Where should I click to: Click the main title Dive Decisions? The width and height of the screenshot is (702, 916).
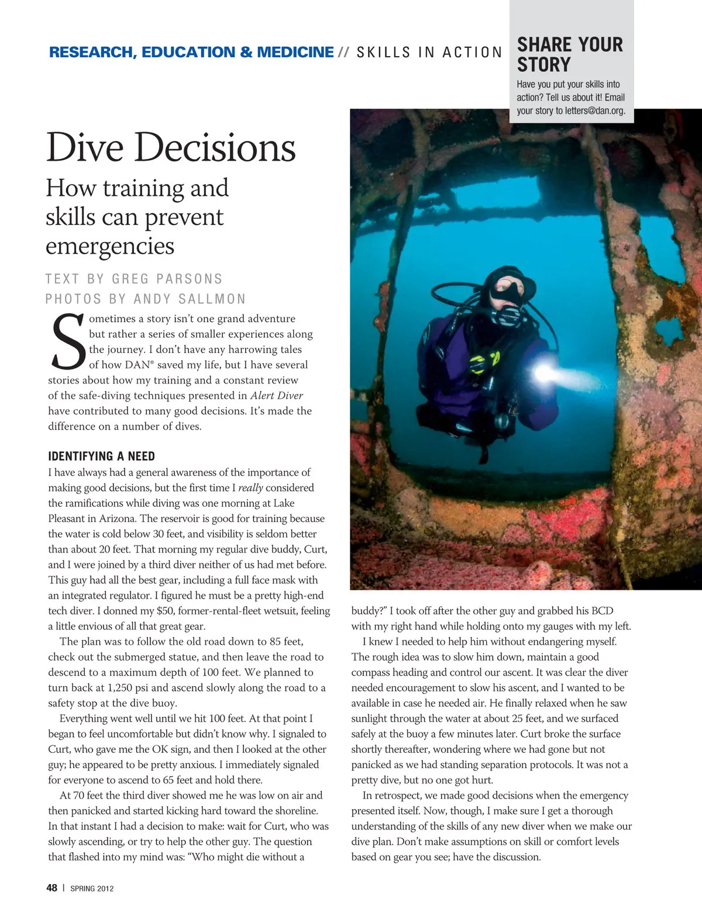point(171,147)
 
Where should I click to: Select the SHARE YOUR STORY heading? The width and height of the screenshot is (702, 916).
point(570,54)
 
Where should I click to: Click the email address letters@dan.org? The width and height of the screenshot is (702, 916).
point(595,110)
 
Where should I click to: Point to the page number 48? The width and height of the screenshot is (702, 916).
point(52,888)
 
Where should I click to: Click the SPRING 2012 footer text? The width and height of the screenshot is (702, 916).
point(92,889)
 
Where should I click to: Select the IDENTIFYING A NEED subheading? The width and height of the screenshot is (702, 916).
point(101,457)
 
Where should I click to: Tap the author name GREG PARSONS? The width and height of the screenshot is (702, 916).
point(167,279)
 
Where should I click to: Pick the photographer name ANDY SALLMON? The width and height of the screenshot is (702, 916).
point(190,299)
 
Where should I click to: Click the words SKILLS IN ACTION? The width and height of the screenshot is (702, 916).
point(429,53)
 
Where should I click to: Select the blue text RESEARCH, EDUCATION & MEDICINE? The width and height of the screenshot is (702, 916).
point(191,53)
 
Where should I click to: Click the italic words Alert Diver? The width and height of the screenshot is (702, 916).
point(277,396)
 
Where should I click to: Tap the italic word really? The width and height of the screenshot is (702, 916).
point(250,488)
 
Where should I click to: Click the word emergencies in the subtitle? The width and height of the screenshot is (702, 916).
point(110,246)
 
